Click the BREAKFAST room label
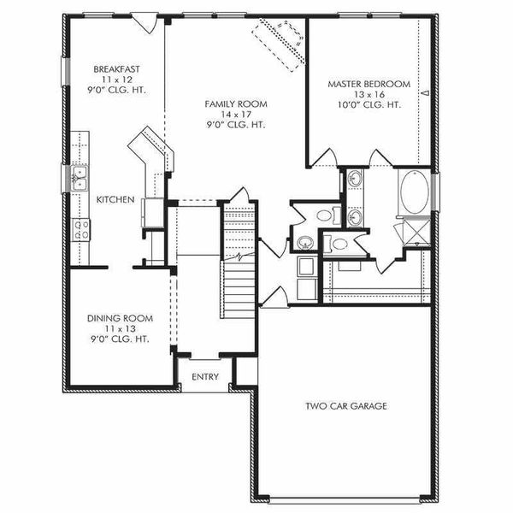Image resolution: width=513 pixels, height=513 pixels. click(118, 69)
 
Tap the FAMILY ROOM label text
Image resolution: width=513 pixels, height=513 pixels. click(235, 103)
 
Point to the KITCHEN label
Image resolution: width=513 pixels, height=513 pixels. click(115, 199)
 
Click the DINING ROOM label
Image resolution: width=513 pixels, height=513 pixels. click(120, 318)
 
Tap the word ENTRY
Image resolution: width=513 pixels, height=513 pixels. click(205, 376)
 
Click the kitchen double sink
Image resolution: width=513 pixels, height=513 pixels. click(80, 178)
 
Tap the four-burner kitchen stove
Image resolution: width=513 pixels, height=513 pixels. click(82, 228)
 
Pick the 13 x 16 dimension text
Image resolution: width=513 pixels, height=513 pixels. click(369, 94)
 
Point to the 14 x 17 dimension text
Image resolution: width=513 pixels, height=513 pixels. click(235, 114)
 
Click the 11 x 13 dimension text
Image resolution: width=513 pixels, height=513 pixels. click(120, 328)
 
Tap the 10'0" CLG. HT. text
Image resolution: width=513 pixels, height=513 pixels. click(369, 104)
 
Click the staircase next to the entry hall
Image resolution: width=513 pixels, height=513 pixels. click(239, 256)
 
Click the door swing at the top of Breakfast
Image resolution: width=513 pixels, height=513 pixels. click(147, 23)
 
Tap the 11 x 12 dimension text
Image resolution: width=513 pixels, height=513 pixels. click(118, 79)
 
